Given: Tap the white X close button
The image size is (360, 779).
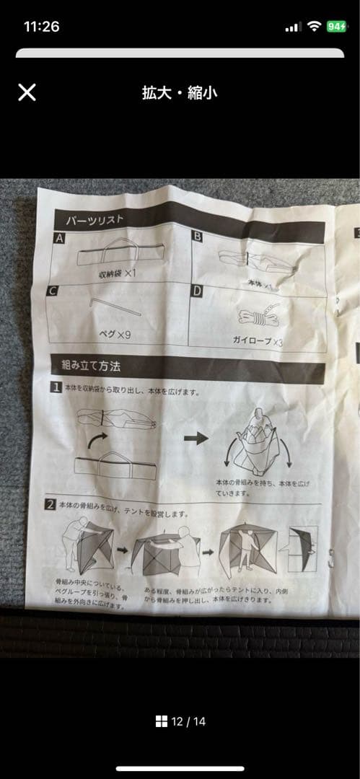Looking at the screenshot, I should (27, 92).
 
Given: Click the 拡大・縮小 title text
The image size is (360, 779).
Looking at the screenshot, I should (180, 92).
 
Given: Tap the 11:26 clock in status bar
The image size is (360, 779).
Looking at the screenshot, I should (41, 27).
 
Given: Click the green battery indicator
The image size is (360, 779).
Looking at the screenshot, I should (335, 27).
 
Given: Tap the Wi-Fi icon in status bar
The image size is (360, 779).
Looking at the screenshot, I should (313, 27).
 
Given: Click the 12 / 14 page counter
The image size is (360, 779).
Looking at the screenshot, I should (180, 721).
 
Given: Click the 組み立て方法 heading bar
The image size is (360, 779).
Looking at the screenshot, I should (188, 369).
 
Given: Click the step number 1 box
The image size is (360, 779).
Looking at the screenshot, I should (55, 387).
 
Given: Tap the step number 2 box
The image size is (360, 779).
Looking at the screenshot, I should (51, 504).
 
